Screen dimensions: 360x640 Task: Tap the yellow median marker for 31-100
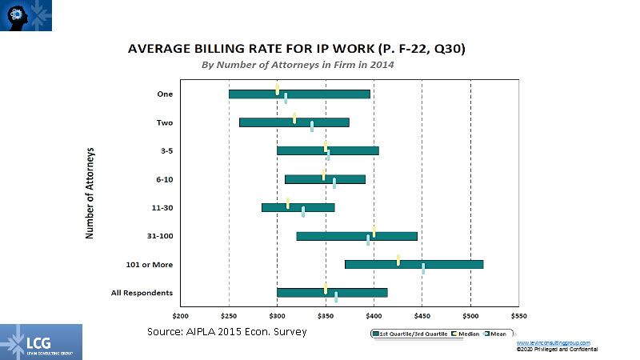(x=374, y=231)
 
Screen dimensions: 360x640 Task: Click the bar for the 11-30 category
(x=298, y=208)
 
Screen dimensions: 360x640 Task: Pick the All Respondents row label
(x=142, y=293)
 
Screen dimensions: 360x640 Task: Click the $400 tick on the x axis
(x=374, y=314)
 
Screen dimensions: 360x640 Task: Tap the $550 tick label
(x=519, y=314)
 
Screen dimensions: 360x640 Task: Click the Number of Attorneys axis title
(x=90, y=193)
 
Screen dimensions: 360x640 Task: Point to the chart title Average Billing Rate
(x=297, y=50)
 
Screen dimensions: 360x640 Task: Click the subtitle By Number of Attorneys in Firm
(x=297, y=66)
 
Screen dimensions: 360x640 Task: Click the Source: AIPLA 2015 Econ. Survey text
(x=227, y=331)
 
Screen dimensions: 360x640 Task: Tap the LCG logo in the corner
(x=41, y=342)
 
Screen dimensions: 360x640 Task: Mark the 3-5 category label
(x=164, y=150)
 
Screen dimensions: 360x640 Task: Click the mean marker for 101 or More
(x=423, y=269)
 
